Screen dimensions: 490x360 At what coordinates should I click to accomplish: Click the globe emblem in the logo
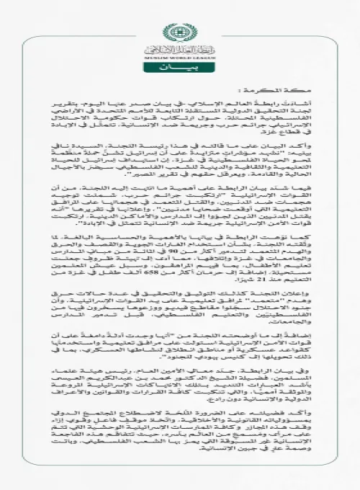179,32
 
